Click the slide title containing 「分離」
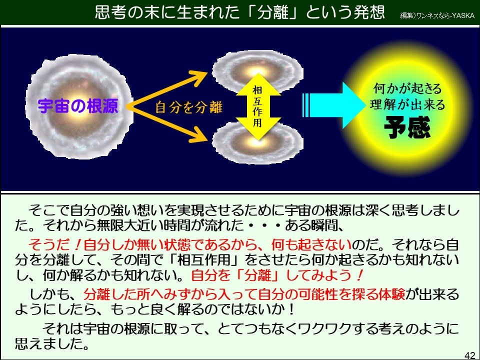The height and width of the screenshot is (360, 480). pyautogui.click(x=239, y=12)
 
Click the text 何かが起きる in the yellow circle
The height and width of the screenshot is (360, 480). pyautogui.click(x=408, y=89)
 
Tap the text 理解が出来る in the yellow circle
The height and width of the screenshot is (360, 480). pyautogui.click(x=407, y=104)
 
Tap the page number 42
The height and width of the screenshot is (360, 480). pyautogui.click(x=469, y=355)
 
